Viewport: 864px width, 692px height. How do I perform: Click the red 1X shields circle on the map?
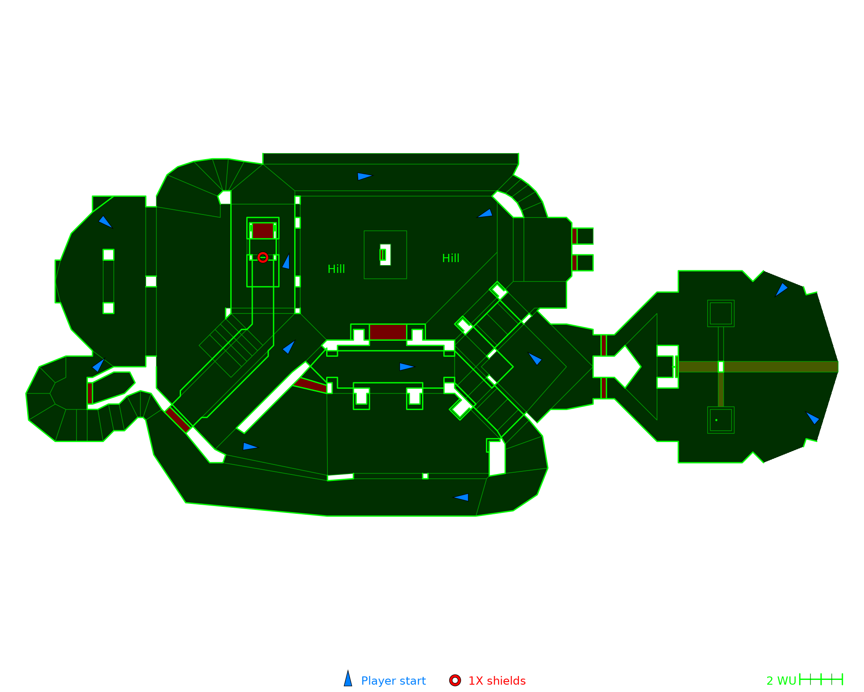[x=263, y=257]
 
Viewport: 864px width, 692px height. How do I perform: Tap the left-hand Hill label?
[x=336, y=269]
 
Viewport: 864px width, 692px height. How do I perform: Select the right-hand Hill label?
[x=451, y=258]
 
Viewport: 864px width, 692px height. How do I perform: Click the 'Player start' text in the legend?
[x=393, y=681]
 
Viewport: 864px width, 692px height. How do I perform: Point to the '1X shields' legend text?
[x=497, y=681]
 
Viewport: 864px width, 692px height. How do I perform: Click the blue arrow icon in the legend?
[x=348, y=679]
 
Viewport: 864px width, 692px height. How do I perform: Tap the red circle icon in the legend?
[x=455, y=680]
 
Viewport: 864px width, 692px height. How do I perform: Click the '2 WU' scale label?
[x=781, y=681]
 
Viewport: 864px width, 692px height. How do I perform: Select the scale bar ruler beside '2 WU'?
[x=821, y=679]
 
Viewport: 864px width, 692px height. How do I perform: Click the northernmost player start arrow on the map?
[x=364, y=176]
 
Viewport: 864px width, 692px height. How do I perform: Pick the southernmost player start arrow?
[x=461, y=497]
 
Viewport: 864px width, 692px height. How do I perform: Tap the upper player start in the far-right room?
[x=781, y=289]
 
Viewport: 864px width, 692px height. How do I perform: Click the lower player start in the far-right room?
[x=812, y=418]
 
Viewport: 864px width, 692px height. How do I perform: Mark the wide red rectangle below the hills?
[x=388, y=332]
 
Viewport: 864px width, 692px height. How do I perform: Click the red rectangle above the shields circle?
[x=263, y=231]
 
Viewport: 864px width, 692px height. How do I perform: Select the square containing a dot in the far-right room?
[x=721, y=420]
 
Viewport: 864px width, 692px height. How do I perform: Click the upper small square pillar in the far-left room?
[x=108, y=255]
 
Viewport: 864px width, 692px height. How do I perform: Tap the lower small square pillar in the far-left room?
[x=108, y=308]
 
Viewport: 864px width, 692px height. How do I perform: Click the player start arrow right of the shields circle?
[x=286, y=262]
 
